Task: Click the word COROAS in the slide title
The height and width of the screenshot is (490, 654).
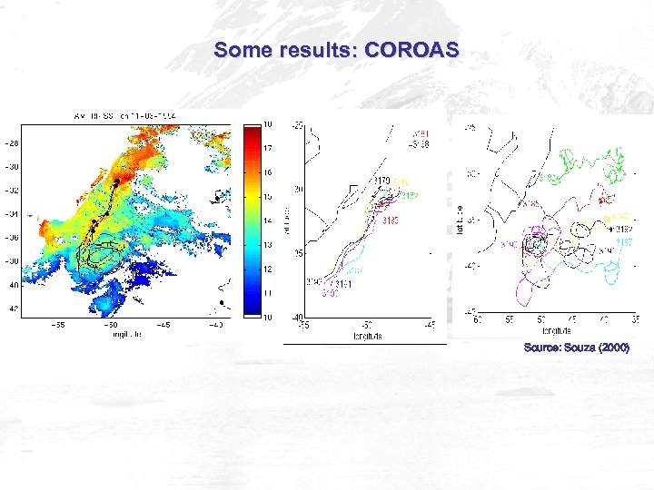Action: click(x=411, y=51)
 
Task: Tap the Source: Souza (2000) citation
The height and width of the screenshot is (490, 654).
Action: click(x=576, y=348)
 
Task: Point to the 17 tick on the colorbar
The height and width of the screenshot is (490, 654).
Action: click(x=268, y=147)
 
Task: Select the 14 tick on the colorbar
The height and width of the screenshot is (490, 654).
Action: click(x=268, y=220)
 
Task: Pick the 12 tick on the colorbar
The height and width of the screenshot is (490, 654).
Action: click(x=268, y=269)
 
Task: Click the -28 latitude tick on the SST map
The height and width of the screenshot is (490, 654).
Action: click(x=12, y=143)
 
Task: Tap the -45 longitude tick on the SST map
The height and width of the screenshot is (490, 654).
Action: click(x=164, y=323)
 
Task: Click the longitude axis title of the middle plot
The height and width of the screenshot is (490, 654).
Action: click(x=366, y=336)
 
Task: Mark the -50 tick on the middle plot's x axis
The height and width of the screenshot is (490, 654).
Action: click(x=366, y=324)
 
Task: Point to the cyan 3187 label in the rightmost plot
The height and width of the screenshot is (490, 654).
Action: click(x=624, y=242)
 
